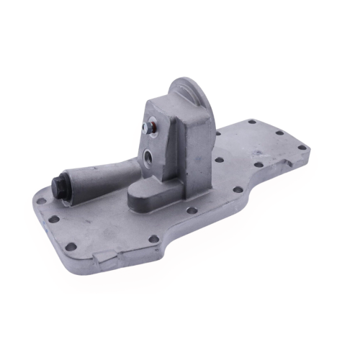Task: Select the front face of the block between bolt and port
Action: pyautogui.click(x=153, y=141)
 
